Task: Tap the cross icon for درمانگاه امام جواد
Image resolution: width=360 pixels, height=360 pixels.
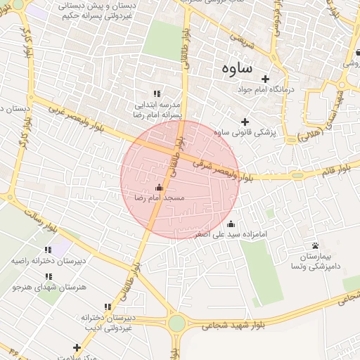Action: tap(265, 79)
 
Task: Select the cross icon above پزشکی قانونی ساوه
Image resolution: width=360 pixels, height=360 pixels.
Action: tap(245, 122)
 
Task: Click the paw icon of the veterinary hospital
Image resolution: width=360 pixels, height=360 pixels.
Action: tap(314, 245)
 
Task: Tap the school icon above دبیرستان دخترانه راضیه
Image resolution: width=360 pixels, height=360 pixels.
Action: tap(48, 250)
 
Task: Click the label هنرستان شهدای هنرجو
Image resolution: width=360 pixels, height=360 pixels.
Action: tap(44, 288)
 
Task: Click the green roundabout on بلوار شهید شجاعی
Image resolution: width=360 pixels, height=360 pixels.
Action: tap(176, 323)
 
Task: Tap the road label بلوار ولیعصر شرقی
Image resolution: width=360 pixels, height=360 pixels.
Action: tap(222, 170)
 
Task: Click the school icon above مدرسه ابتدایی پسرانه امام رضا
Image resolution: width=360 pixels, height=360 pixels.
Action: tap(157, 94)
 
